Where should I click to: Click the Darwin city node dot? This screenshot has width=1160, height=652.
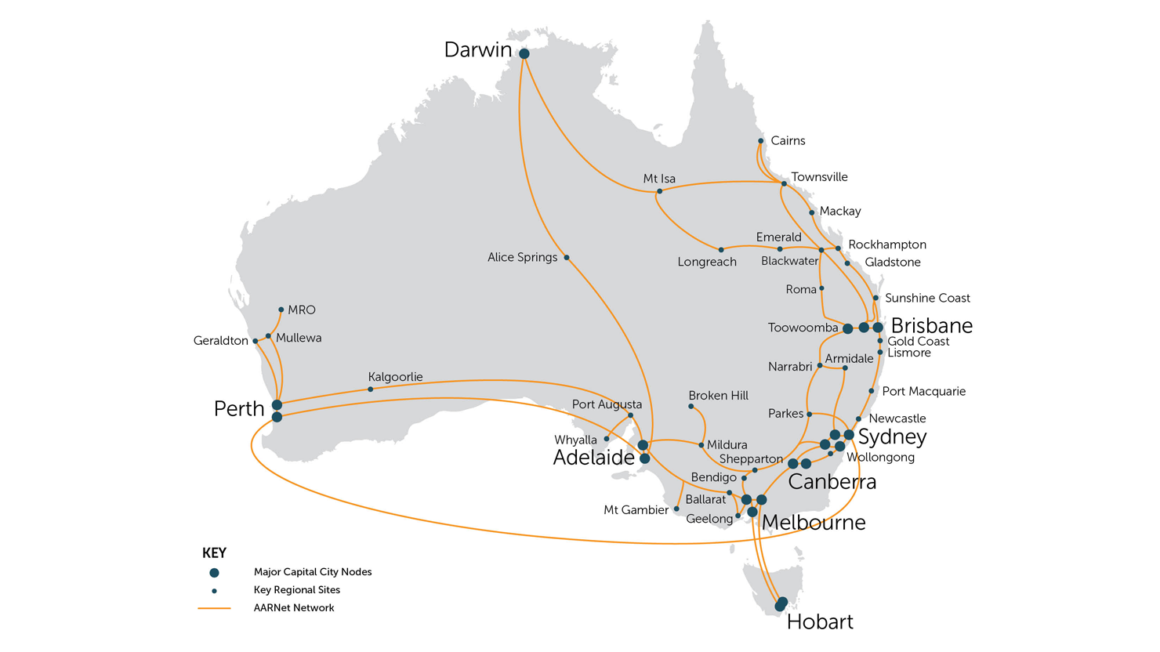click(524, 54)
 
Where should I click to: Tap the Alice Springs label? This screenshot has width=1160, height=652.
click(522, 257)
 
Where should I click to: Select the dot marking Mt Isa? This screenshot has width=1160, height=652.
click(659, 191)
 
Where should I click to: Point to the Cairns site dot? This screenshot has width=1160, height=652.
click(760, 141)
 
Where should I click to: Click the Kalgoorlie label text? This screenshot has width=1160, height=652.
click(395, 377)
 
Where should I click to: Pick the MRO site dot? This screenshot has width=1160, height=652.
click(281, 310)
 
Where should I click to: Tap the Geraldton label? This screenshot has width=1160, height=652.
click(220, 341)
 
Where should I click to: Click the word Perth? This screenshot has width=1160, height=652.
click(239, 409)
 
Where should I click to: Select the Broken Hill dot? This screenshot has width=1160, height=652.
click(691, 407)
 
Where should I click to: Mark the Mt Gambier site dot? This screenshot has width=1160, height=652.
click(676, 509)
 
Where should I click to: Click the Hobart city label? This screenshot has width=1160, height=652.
click(819, 622)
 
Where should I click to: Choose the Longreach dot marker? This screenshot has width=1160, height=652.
click(721, 250)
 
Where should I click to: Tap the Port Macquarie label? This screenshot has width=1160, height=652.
click(923, 391)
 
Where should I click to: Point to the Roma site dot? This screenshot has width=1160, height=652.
click(821, 288)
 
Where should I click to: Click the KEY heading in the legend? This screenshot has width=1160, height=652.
click(214, 553)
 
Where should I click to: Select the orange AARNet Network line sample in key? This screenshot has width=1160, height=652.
click(214, 608)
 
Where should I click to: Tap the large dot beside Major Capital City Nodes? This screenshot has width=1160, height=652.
click(214, 573)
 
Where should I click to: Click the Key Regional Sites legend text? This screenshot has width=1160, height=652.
click(296, 590)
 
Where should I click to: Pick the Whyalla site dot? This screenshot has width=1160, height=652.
click(607, 439)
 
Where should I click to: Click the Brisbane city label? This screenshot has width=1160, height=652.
click(931, 326)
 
